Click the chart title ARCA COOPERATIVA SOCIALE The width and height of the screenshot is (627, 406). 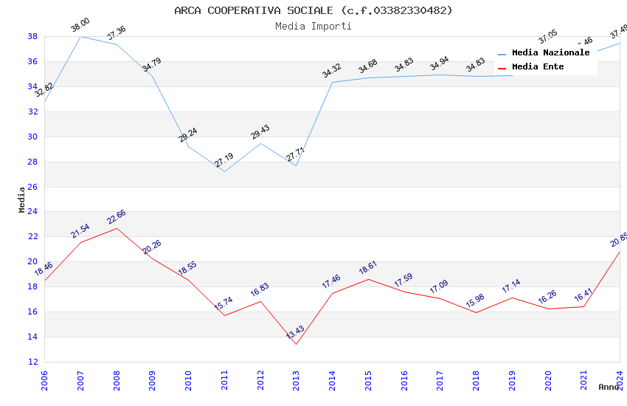point(313,10)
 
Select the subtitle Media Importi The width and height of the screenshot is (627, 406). point(313,26)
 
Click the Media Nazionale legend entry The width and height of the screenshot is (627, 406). point(550,53)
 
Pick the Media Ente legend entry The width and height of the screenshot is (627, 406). point(538,67)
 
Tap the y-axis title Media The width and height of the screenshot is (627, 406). point(22,199)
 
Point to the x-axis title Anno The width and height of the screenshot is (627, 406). point(609,387)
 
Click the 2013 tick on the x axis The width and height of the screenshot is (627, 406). point(297,380)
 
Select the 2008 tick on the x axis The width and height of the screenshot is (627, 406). point(117,380)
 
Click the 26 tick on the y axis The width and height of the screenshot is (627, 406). point(32,187)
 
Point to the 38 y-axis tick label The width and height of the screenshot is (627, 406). point(32,36)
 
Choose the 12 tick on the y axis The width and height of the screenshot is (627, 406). point(32,362)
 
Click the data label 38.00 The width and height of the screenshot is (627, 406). point(80,25)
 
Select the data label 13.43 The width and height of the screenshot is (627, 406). point(295,332)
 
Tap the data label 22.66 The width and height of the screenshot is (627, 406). point(116,217)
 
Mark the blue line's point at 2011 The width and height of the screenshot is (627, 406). point(224,171)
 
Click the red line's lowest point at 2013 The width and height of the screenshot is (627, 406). point(297,344)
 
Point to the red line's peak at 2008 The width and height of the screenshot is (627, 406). point(117,228)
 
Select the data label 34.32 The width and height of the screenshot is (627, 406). point(332,71)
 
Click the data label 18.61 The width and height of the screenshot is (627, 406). point(367,268)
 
